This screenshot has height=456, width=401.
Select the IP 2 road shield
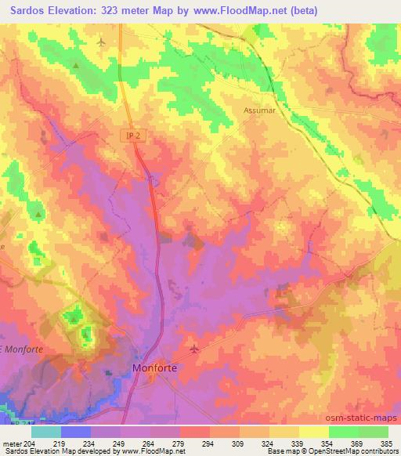click(x=135, y=136)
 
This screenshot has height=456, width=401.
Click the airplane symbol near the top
click(x=103, y=41)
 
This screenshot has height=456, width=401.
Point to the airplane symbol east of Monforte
click(x=194, y=348)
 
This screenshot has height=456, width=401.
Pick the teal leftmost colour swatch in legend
click(x=46, y=432)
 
